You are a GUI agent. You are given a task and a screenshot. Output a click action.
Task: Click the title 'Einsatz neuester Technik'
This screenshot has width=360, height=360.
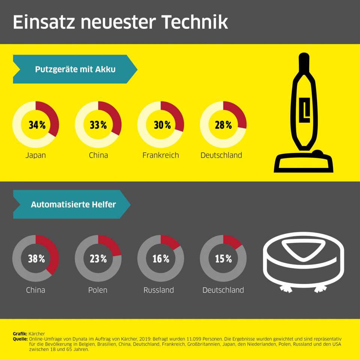120,22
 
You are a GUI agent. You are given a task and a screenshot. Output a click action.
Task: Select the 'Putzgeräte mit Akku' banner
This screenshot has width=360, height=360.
75,69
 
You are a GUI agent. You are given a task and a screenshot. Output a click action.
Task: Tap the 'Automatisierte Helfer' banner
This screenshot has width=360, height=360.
73,205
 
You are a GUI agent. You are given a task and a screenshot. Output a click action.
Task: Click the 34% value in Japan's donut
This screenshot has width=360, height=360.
37,125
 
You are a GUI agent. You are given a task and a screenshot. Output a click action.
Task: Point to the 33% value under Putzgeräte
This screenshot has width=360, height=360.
98,125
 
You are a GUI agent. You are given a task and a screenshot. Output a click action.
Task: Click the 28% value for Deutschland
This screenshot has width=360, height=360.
223,125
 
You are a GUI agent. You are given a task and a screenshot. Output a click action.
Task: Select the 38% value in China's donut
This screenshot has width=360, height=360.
37,259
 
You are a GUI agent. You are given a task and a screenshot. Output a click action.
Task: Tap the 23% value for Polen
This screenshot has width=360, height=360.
98,259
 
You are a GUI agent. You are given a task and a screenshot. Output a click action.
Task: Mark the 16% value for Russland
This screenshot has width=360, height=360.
161,259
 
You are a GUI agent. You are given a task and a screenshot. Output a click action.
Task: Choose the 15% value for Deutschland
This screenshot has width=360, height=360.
223,259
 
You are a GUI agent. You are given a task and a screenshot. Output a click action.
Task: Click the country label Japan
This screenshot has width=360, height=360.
36,155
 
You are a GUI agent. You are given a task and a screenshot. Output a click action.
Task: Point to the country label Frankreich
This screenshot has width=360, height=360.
160,155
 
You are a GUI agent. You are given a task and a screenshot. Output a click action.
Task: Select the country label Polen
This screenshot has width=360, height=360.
98,290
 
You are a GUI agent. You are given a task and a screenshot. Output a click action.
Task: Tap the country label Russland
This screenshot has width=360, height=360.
159,290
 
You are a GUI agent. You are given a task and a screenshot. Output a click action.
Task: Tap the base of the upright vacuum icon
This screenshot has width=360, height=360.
304,163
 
